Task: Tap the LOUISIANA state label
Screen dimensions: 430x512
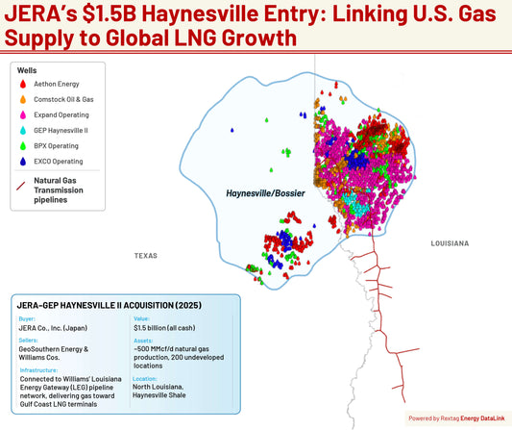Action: point(449,243)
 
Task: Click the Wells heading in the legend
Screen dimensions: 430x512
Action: point(28,70)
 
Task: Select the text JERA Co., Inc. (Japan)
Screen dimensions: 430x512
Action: point(57,329)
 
